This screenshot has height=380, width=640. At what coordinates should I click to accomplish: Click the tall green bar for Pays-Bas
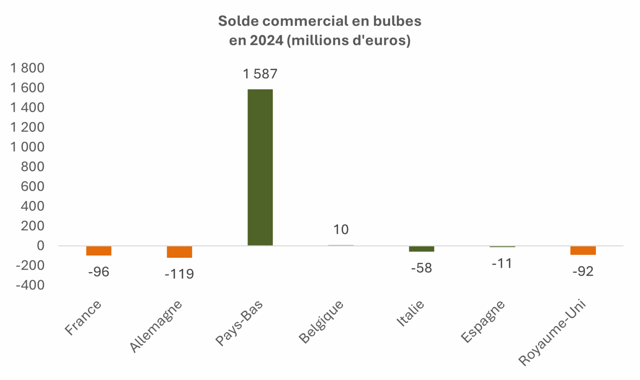click(x=260, y=167)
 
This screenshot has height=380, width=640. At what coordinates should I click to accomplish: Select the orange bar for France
click(x=99, y=250)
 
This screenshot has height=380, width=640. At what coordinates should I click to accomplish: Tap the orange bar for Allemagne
click(x=179, y=252)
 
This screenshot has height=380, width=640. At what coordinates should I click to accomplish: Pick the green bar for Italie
click(x=421, y=248)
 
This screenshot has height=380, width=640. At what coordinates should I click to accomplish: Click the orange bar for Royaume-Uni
click(x=583, y=250)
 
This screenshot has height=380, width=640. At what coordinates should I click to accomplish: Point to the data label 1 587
click(x=260, y=74)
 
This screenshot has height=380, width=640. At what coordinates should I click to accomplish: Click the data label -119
click(x=179, y=274)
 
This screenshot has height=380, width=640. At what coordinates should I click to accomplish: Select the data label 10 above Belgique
click(x=341, y=230)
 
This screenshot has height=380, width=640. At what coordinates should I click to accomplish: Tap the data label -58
click(x=421, y=268)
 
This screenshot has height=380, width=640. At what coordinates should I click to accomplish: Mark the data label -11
click(x=502, y=264)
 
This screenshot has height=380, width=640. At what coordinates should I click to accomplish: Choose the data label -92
click(x=583, y=271)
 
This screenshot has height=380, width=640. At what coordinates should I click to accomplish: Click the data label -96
click(x=99, y=272)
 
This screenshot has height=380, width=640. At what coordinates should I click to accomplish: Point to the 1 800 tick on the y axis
click(x=27, y=68)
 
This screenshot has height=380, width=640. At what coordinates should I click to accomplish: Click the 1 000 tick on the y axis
click(x=27, y=147)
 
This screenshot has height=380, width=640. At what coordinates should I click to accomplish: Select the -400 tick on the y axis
click(x=30, y=285)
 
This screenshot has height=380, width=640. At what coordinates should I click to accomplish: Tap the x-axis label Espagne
click(x=483, y=322)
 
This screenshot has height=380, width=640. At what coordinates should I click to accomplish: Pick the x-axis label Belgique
click(x=321, y=322)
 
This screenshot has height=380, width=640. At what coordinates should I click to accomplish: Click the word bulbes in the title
click(x=395, y=21)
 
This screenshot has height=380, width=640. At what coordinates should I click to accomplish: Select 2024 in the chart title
click(x=267, y=40)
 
